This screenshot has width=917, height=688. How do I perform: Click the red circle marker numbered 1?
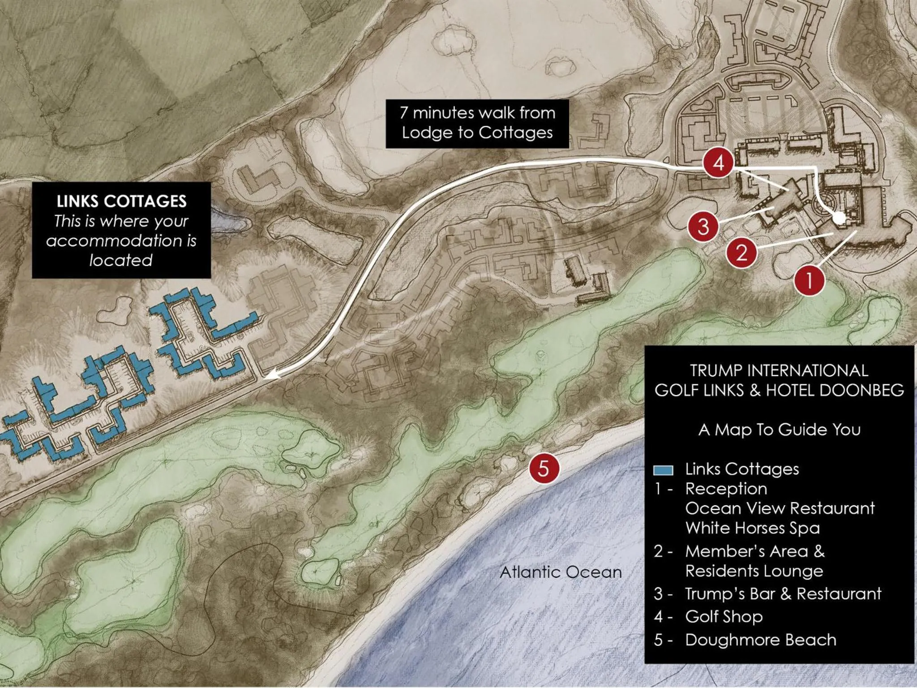[x=810, y=281]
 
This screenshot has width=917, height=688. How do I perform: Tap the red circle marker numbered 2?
[x=741, y=253]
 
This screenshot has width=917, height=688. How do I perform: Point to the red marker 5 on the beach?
[x=544, y=469]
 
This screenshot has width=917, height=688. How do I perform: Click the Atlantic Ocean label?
[x=561, y=572]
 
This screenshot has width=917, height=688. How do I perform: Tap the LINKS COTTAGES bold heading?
[x=121, y=201]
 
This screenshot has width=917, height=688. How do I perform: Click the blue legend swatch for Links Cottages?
[x=663, y=470]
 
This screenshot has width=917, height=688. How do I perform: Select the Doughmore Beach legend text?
[x=760, y=640]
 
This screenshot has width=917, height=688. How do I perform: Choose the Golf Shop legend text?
[x=724, y=616]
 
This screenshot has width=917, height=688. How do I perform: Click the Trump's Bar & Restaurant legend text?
[x=783, y=593]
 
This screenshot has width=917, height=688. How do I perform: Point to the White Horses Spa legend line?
[x=752, y=528]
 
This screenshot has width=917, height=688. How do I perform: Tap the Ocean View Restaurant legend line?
[x=780, y=508]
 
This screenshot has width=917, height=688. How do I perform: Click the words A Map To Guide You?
[x=779, y=430]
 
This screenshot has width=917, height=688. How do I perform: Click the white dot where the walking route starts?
[x=839, y=218]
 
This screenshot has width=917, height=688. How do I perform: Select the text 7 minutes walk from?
[x=477, y=113]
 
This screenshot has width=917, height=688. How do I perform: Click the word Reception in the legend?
[x=726, y=488]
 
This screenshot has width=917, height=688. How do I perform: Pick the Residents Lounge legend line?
[x=754, y=571]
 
